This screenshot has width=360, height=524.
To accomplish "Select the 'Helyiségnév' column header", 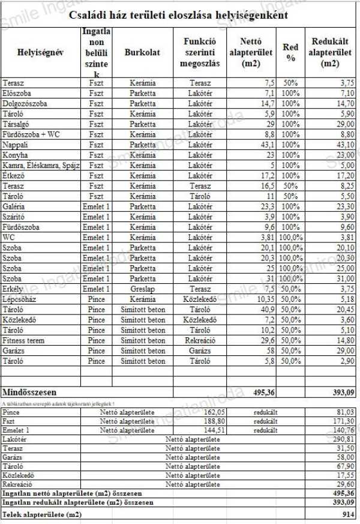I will point(41,53).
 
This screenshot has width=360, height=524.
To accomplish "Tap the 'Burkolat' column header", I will point(142,53).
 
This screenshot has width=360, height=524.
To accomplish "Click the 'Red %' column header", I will point(290,53).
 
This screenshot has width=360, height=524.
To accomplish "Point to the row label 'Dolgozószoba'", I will point(25,104).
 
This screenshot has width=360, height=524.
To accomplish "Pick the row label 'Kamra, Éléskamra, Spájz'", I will point(41,165).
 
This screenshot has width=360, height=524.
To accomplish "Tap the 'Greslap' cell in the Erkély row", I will point(142,288).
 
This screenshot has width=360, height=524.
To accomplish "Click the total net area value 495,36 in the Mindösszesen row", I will point(261,392).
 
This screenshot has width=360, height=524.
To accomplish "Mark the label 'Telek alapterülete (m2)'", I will point(42,514).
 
